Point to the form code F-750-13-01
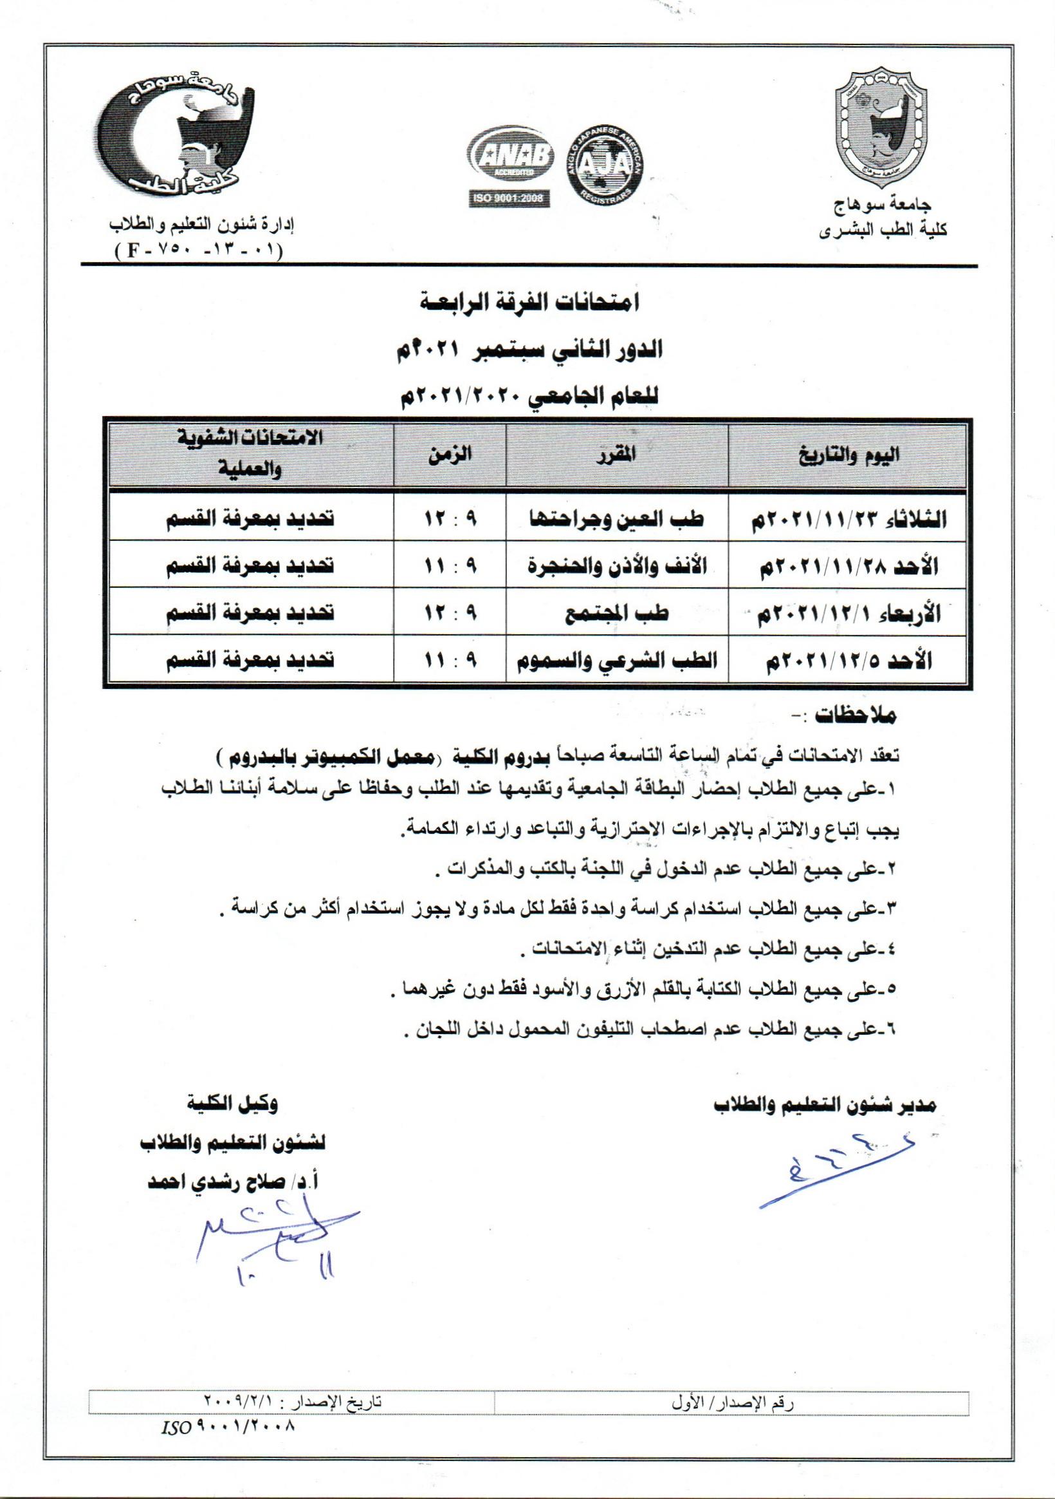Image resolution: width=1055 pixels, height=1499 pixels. (198, 251)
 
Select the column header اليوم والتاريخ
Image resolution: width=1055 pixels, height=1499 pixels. (846, 455)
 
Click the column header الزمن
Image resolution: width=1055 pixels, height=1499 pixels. (450, 455)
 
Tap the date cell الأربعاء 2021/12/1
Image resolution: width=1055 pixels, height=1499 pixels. (847, 614)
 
